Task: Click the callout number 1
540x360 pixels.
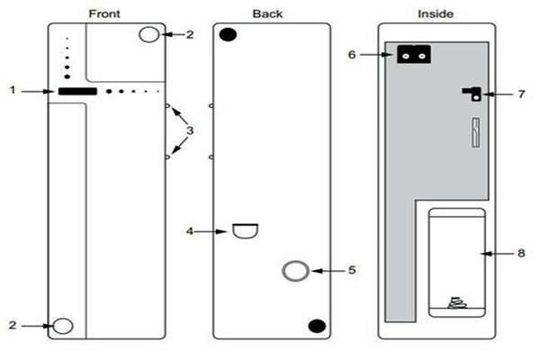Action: pyautogui.click(x=13, y=90)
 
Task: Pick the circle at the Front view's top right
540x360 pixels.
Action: pyautogui.click(x=150, y=34)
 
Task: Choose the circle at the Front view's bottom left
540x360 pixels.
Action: pyautogui.click(x=61, y=325)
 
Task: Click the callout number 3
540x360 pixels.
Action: pyautogui.click(x=190, y=131)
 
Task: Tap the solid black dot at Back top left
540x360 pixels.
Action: pyautogui.click(x=229, y=35)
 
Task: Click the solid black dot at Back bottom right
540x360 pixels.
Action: pyautogui.click(x=315, y=326)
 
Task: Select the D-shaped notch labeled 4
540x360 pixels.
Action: pyautogui.click(x=245, y=231)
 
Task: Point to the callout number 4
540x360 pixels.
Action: pyautogui.click(x=190, y=231)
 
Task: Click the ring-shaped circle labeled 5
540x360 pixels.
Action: pyautogui.click(x=295, y=271)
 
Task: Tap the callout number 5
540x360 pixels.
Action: pyautogui.click(x=354, y=270)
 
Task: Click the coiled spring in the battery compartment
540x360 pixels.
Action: pyautogui.click(x=455, y=301)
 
